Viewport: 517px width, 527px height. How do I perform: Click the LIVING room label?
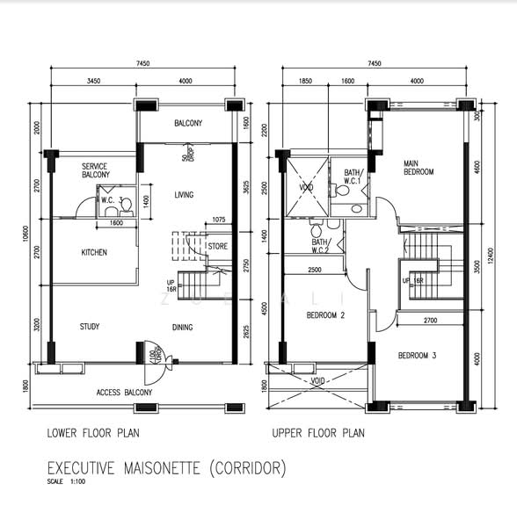point(184,195)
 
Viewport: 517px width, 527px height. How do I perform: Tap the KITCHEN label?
point(94,253)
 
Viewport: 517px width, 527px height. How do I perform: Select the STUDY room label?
point(90,327)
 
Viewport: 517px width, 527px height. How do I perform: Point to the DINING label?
point(183,328)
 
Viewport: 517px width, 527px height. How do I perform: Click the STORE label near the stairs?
point(217,247)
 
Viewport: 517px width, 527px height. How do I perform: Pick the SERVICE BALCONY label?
point(96,170)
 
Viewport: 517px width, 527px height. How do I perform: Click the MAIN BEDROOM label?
point(419,168)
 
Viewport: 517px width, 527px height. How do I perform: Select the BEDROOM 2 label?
point(324,314)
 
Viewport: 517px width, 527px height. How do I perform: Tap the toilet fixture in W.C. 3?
point(126,206)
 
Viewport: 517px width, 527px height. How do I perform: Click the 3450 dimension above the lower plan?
point(92,81)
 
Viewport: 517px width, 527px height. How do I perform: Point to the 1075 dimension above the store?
point(219,220)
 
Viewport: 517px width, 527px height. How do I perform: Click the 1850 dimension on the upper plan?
point(305,81)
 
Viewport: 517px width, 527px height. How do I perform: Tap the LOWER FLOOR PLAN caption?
point(93,433)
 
